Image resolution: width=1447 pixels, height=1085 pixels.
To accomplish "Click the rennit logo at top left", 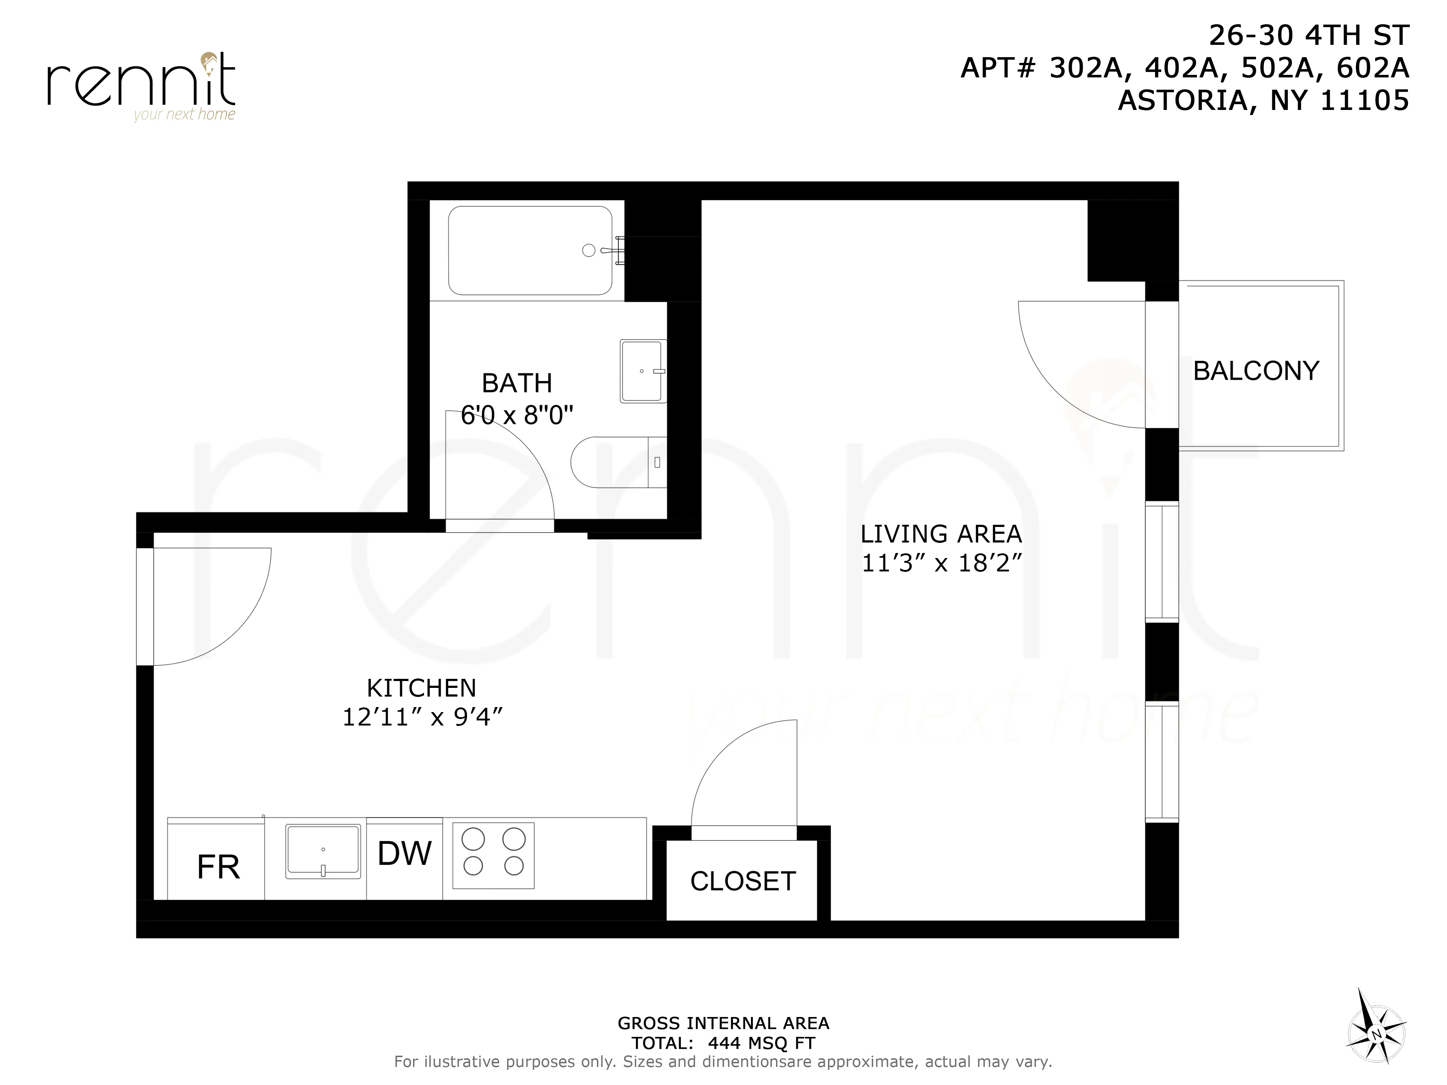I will point(141,85).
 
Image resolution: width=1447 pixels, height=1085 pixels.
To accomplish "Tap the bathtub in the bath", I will point(530,251).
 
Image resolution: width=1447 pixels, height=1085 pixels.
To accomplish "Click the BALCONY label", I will point(1256,371).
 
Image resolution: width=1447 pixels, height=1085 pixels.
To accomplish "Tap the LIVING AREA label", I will point(941,534).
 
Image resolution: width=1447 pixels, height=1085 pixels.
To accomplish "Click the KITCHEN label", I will point(421,688).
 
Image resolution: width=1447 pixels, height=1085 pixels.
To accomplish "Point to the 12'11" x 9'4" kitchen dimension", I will point(421,718).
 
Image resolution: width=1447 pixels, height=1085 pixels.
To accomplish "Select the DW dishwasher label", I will point(404,854).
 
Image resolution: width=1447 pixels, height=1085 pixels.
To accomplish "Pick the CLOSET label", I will point(742,881).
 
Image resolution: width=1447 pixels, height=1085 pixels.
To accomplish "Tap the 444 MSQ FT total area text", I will point(761,1043).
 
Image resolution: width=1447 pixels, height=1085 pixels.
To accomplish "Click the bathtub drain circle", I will point(588,251).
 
